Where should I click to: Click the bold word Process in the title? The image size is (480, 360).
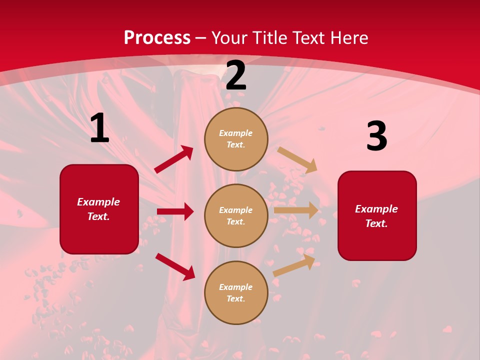(157, 38)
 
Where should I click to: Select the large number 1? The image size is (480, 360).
(99, 128)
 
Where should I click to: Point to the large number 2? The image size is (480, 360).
(236, 76)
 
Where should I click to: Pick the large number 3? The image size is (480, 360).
(376, 136)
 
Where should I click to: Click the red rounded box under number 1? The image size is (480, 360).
(99, 209)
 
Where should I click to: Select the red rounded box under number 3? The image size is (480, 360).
(377, 216)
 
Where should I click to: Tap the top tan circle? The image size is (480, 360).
(236, 139)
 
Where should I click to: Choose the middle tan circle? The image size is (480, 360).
(236, 216)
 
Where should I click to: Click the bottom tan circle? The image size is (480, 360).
(236, 293)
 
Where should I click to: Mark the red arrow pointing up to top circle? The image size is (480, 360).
(174, 159)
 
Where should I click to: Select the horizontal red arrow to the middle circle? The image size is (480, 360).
(175, 211)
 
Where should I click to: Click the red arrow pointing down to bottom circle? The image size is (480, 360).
(175, 266)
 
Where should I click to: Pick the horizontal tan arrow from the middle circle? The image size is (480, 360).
(296, 210)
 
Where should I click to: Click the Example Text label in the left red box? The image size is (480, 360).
(98, 209)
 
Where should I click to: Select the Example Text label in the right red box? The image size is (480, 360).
(376, 216)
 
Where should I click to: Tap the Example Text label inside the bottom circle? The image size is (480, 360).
(236, 293)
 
